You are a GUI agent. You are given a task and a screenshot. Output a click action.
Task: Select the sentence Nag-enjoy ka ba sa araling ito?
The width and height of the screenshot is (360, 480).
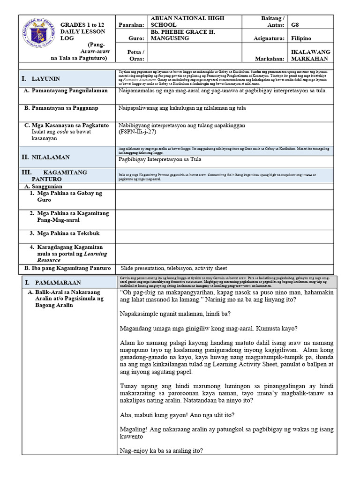(162, 451)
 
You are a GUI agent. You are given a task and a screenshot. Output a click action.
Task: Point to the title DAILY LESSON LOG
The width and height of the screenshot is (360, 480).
(77, 33)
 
